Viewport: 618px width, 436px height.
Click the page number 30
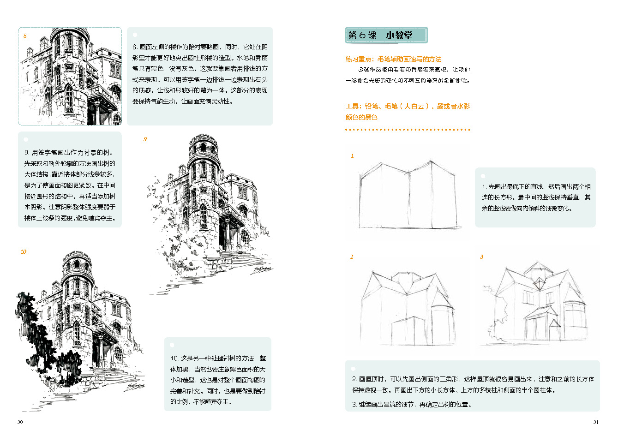20,422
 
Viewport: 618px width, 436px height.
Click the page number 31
596,422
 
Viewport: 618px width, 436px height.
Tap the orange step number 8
25,36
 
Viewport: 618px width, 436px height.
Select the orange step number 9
145,139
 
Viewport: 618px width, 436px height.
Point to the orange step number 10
24,252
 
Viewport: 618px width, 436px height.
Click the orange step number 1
352,156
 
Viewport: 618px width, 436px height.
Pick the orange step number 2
352,257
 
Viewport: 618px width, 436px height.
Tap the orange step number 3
482,257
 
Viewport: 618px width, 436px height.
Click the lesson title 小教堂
399,36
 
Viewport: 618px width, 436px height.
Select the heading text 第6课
362,36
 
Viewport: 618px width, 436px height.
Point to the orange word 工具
352,107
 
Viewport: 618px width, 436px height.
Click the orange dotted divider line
408,130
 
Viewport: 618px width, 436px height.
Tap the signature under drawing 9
261,270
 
